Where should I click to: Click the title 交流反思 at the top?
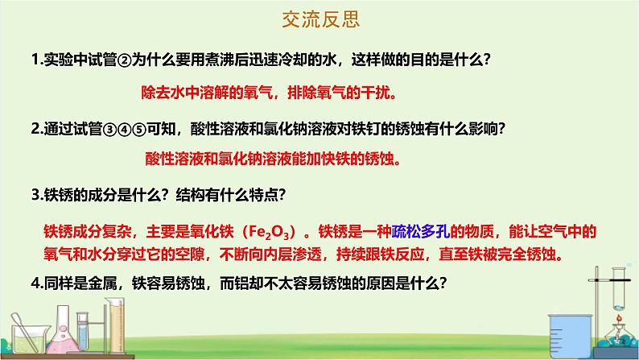(319, 17)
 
